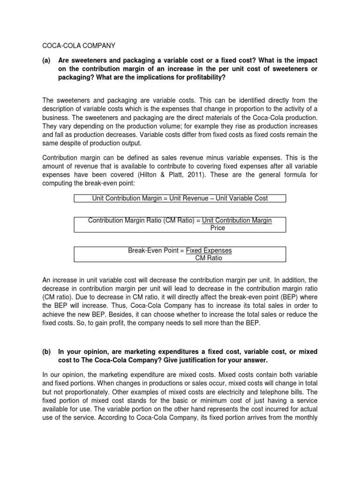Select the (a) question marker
(47, 60)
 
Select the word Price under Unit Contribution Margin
(217, 228)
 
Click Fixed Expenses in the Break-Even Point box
(209, 250)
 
